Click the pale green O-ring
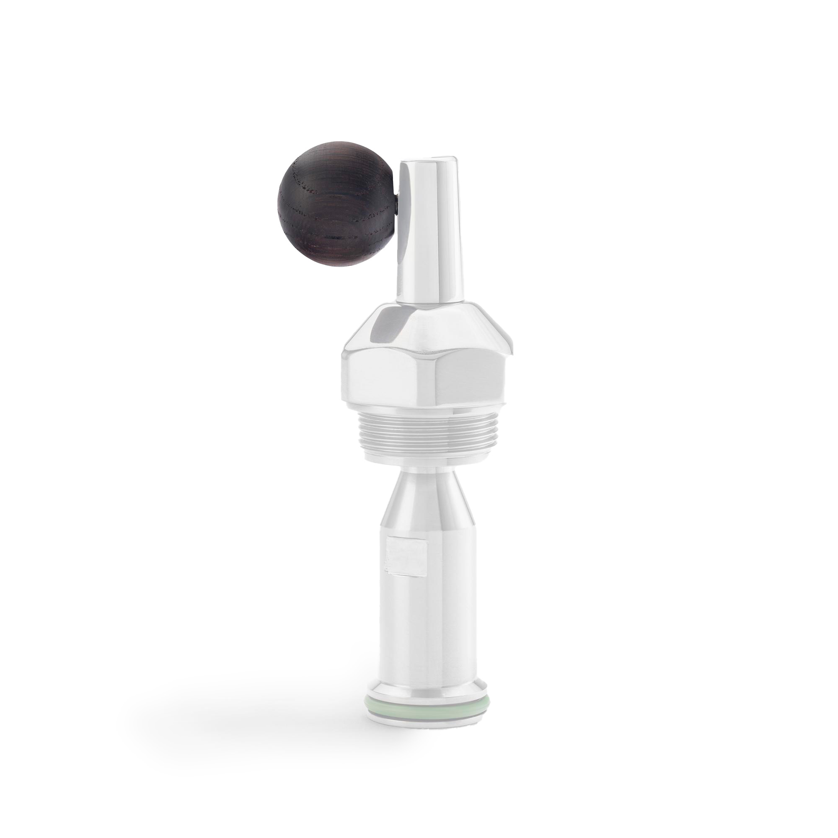tap(427, 718)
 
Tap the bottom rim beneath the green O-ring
tap(427, 730)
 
